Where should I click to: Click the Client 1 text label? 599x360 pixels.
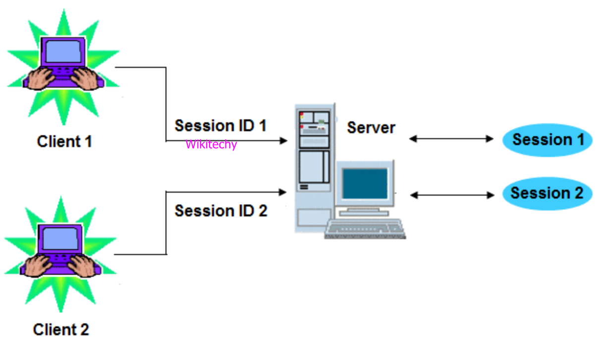tap(64, 142)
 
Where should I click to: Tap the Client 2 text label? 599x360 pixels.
tap(61, 329)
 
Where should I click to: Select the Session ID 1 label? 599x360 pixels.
tap(220, 126)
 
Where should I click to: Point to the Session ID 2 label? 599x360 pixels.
tap(220, 211)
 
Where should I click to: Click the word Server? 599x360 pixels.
tap(371, 128)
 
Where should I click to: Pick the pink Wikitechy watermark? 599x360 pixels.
tap(211, 145)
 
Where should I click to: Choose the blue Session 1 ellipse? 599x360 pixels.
tap(547, 140)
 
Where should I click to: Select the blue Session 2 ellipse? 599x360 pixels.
tap(547, 193)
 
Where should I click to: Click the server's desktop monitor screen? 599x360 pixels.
tap(365, 183)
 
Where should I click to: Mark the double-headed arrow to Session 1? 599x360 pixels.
tap(451, 139)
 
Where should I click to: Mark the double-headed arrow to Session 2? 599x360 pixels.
tap(452, 196)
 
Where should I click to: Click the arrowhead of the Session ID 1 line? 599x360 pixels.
tap(284, 141)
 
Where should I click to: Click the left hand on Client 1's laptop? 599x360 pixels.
tap(40, 78)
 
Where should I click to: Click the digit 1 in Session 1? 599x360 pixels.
tap(579, 140)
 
